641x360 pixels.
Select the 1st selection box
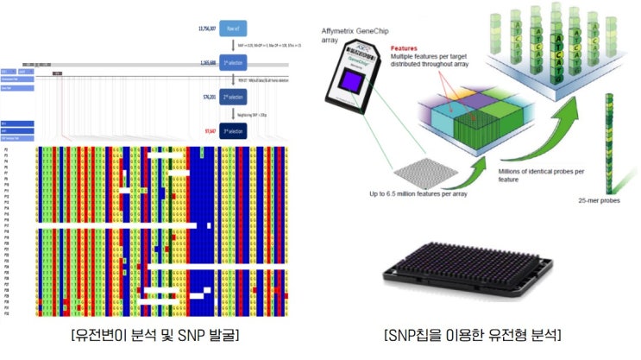234,63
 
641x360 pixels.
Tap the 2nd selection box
234,98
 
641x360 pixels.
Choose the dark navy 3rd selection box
234,130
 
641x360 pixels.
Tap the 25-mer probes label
604,200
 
